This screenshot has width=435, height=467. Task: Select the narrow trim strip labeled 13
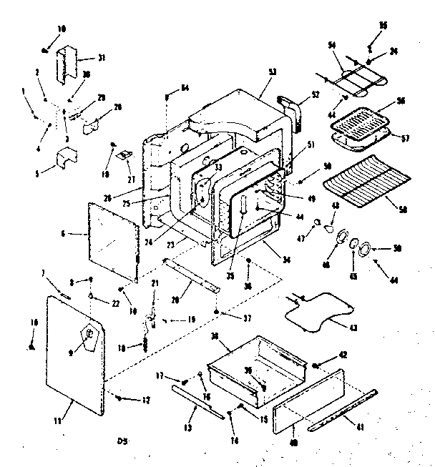pos(187,403)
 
